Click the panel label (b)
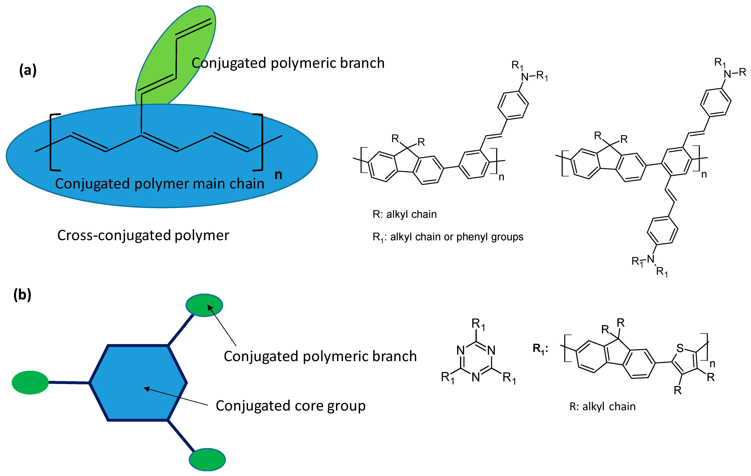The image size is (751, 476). (23, 294)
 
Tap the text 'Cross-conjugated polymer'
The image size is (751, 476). (143, 235)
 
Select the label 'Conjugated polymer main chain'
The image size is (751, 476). (160, 184)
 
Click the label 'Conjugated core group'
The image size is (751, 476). (290, 406)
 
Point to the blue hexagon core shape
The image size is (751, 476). (138, 383)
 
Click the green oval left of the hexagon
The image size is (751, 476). (30, 382)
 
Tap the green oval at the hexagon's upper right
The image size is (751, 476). (204, 305)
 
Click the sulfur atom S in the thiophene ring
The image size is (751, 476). (680, 348)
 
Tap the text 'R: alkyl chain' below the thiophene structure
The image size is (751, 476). (602, 406)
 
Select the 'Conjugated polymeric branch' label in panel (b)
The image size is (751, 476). (320, 356)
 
